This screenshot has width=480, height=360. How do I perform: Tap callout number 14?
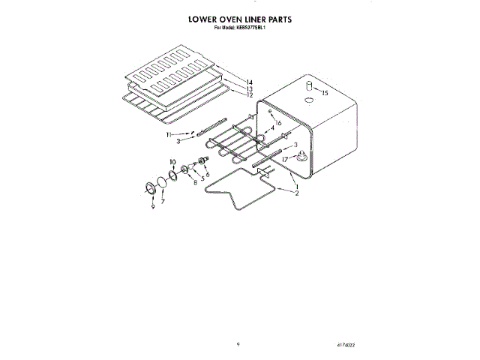click(250, 81)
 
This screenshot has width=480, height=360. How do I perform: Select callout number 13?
click(250, 88)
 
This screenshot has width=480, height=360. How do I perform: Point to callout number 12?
click(250, 95)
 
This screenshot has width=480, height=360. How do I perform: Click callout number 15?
click(325, 94)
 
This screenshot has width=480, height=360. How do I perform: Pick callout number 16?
click(277, 122)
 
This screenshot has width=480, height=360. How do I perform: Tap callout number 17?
click(286, 160)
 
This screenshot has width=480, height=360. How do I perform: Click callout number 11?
click(169, 133)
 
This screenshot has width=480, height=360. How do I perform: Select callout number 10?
click(172, 162)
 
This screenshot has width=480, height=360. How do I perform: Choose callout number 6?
click(207, 175)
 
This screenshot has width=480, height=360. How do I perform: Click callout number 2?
click(297, 193)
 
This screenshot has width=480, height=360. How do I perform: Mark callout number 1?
click(297, 185)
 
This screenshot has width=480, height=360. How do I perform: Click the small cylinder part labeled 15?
click(307, 89)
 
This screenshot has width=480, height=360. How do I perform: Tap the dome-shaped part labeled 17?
click(301, 156)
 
